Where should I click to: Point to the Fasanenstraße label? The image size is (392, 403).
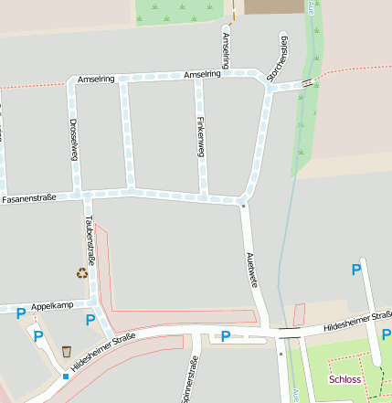tap(29, 197)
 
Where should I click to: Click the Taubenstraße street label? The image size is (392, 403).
tap(89, 237)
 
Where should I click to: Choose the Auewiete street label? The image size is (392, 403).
tap(249, 266)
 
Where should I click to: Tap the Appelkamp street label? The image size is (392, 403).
tap(51, 304)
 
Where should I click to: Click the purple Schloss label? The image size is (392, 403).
tap(346, 378)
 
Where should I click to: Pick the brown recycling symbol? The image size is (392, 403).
tap(82, 272)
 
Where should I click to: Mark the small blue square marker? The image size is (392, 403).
tap(66, 376)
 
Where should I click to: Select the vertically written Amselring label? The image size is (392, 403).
tap(227, 49)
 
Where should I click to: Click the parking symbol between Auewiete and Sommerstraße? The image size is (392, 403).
tap(225, 336)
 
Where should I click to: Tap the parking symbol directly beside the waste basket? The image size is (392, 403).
tap(38, 336)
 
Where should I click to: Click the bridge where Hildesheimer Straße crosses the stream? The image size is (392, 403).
tap(291, 334)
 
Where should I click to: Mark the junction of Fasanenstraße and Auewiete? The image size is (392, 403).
tap(244, 202)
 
